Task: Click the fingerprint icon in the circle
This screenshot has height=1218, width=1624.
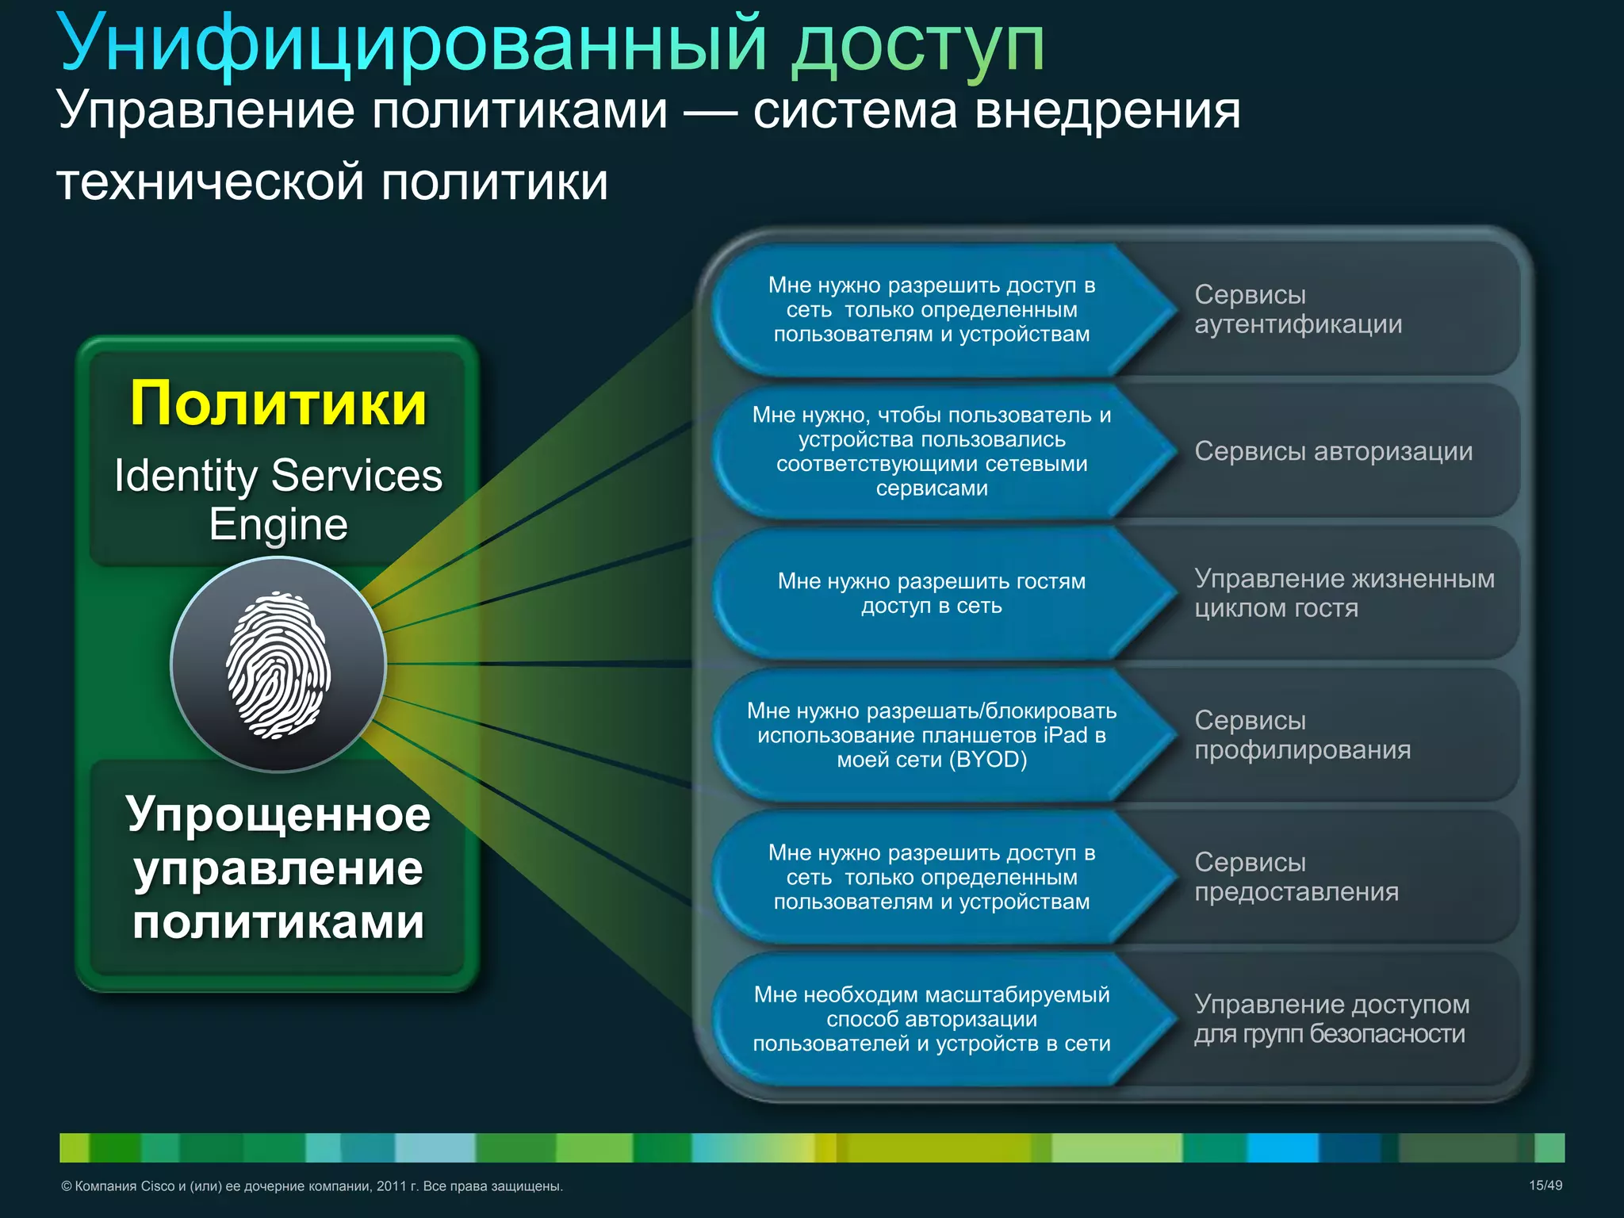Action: click(x=278, y=665)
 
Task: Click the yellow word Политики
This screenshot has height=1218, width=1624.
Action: click(x=278, y=404)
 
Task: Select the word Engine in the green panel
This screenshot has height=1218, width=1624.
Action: click(x=278, y=524)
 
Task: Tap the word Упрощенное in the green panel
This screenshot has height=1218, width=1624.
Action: click(x=278, y=814)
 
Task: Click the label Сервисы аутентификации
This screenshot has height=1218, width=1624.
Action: click(x=1298, y=309)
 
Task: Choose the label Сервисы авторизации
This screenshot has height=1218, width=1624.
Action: click(x=1333, y=451)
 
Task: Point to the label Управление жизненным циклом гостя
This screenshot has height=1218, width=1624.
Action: click(x=1343, y=593)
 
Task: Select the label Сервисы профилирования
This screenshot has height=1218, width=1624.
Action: click(x=1302, y=734)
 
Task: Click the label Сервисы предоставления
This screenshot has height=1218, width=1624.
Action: click(x=1296, y=876)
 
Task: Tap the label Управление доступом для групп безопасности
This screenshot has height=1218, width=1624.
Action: click(x=1331, y=1018)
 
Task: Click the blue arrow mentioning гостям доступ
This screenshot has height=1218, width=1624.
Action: click(x=931, y=593)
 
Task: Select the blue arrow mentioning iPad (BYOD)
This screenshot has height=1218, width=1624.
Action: click(x=931, y=735)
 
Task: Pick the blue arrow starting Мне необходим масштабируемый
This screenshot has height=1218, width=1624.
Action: click(x=931, y=1019)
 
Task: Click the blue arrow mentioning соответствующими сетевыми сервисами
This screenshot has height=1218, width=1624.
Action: click(x=931, y=451)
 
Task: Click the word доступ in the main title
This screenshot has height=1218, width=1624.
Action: click(x=917, y=45)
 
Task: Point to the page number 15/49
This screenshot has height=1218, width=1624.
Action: click(x=1545, y=1185)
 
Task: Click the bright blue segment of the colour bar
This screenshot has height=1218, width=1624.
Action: click(x=1282, y=1147)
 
